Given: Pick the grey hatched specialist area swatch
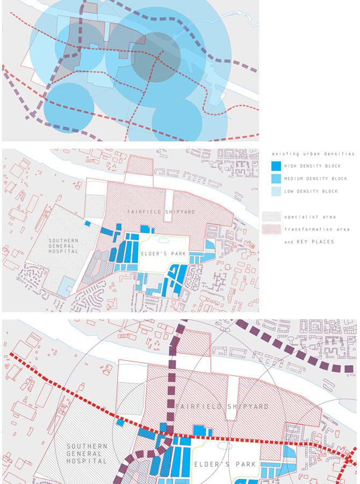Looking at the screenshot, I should [x=271, y=217].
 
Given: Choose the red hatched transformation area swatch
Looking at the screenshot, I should [x=271, y=230].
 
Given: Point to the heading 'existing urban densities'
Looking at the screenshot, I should [x=313, y=154].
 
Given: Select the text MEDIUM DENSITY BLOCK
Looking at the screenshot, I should [x=315, y=179].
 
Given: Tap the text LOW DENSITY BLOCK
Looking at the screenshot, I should [x=311, y=191].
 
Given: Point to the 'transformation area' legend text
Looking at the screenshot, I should [x=317, y=230].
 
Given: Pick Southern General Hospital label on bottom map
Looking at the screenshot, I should [x=87, y=453].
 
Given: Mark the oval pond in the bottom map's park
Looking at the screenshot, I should [x=225, y=446].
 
